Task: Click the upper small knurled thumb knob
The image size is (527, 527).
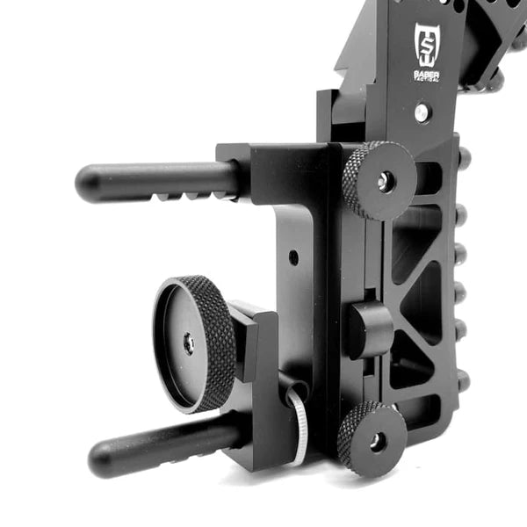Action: tap(379, 180)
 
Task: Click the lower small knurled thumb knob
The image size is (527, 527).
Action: tap(372, 439)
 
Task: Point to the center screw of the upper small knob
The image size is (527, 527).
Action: tap(384, 182)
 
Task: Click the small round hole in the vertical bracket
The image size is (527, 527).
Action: tap(292, 257)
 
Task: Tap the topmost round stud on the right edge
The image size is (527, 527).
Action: tap(463, 157)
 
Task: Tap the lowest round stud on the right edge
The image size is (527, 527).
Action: tap(462, 381)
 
